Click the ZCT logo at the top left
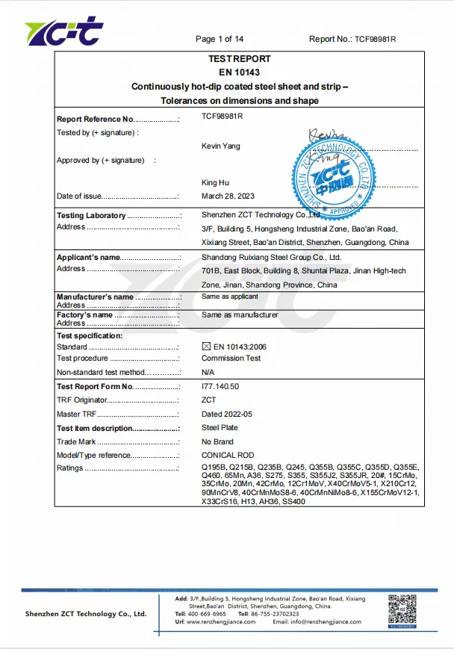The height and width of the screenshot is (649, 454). (63, 31)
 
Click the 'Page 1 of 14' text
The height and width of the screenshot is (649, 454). (220, 39)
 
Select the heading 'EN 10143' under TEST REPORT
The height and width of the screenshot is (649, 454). (239, 72)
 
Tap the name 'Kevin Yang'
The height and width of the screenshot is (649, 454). (221, 146)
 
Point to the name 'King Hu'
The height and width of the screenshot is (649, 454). (216, 182)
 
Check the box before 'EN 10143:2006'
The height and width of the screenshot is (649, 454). (207, 347)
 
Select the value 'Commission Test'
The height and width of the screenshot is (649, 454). (231, 358)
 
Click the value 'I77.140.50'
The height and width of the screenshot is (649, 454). (220, 386)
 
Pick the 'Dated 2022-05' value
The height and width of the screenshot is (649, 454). (227, 414)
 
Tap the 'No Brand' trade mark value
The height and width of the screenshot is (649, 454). (218, 441)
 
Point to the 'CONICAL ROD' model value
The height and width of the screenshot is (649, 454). (228, 455)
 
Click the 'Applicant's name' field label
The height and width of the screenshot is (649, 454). (88, 258)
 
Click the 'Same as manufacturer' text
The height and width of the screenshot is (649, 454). (240, 314)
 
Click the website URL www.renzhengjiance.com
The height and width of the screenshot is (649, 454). (222, 621)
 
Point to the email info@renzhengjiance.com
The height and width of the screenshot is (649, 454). (325, 621)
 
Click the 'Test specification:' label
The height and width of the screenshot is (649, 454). (90, 336)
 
